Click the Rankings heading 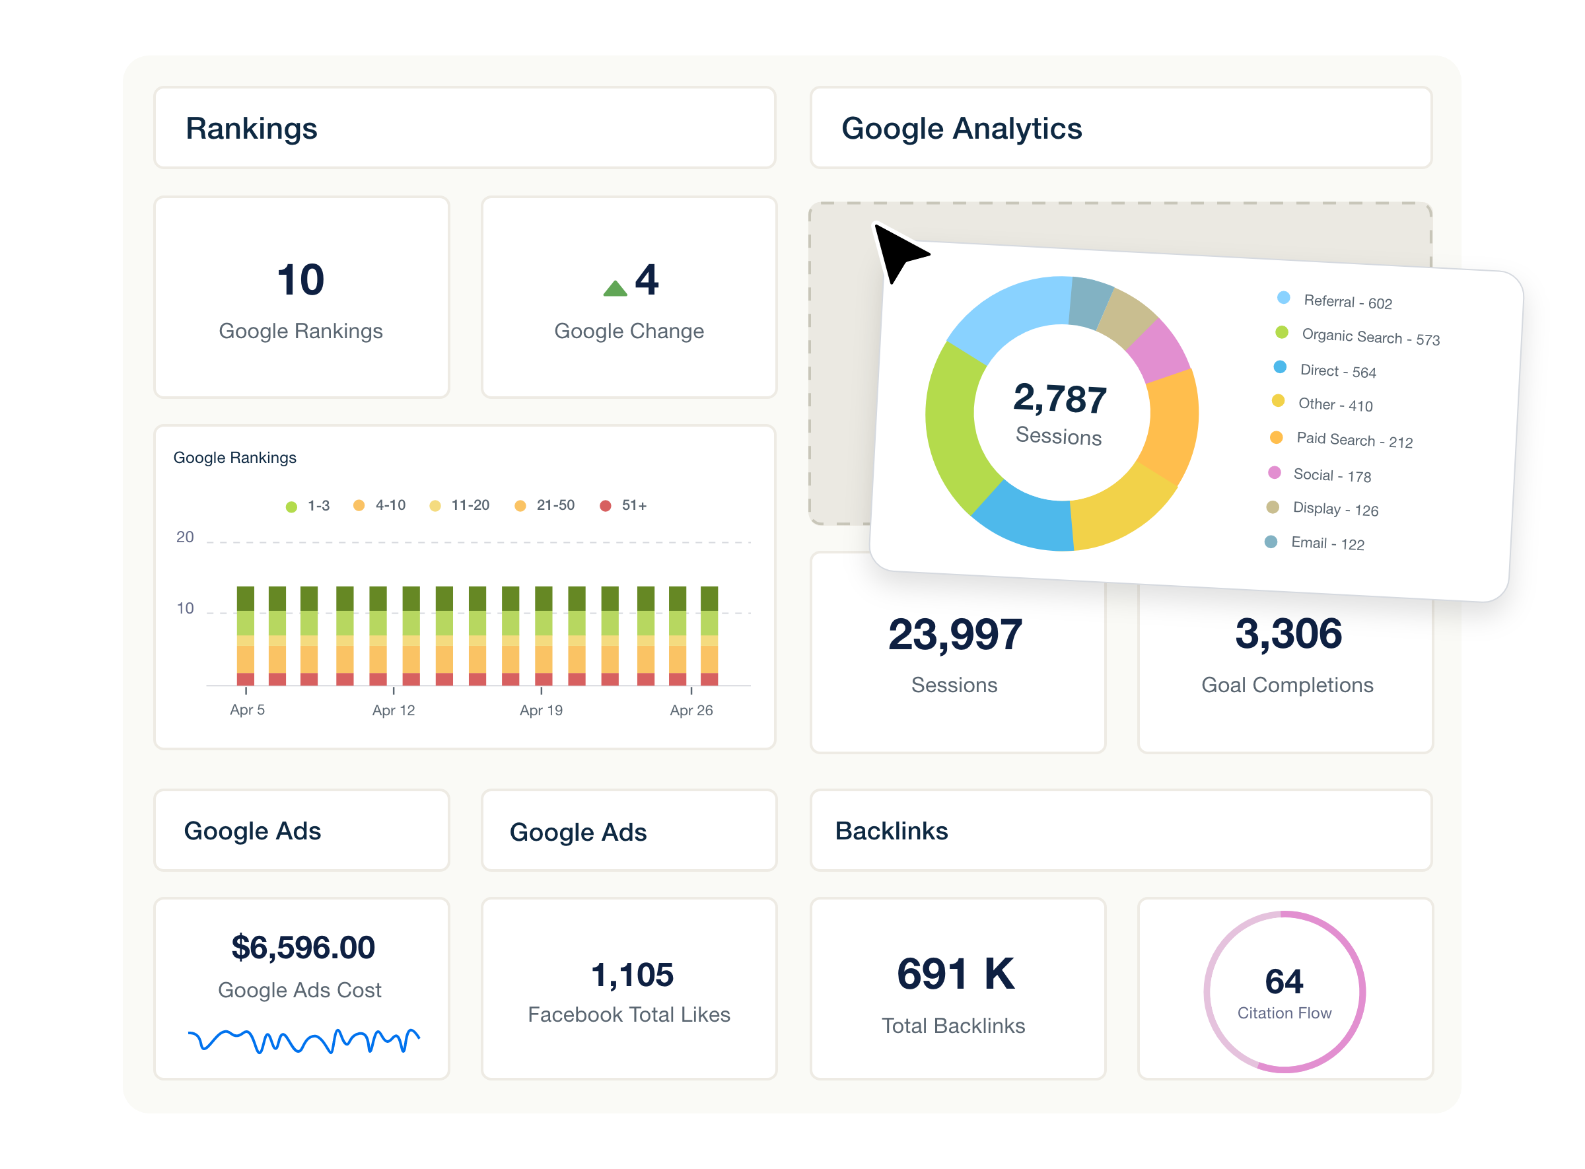point(251,129)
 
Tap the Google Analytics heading point(961,129)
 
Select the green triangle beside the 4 point(615,288)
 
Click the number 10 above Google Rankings point(300,279)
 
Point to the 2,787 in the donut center point(1059,398)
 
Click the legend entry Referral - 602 point(1347,301)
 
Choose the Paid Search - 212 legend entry point(1353,440)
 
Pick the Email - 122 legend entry point(1327,543)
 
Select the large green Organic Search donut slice point(953,425)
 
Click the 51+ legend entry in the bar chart point(633,505)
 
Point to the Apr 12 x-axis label point(394,710)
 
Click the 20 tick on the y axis point(185,537)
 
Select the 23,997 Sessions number point(954,634)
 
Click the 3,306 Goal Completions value point(1288,633)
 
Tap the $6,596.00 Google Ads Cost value point(303,948)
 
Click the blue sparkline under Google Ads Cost point(303,1040)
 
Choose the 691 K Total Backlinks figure point(955,974)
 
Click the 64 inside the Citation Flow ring point(1284,981)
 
